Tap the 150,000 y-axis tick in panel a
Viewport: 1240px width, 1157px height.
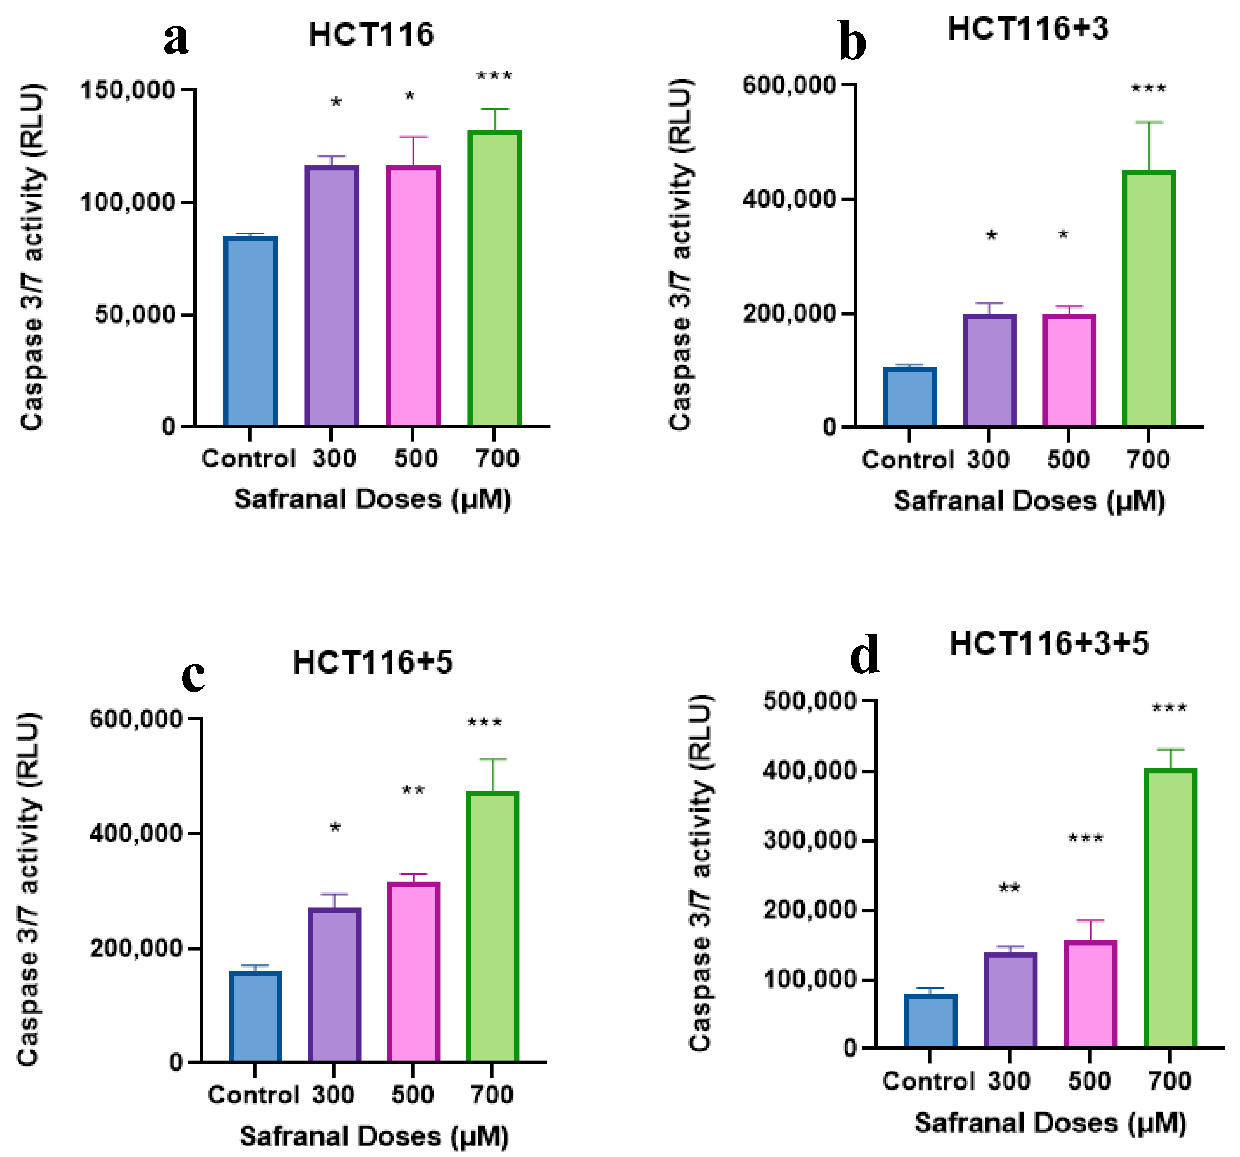pos(128,91)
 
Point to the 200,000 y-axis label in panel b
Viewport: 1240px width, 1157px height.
pos(790,313)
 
